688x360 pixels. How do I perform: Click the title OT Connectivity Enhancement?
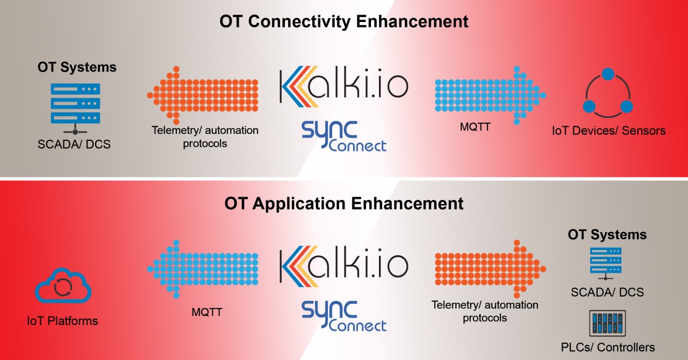(x=343, y=21)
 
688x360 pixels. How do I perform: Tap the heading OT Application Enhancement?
(x=343, y=204)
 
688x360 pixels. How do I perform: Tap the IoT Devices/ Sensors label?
(x=608, y=131)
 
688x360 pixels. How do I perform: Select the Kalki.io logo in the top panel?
(x=343, y=85)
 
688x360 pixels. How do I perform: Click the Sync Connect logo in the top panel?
(x=343, y=136)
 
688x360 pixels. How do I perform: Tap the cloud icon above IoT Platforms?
(x=63, y=287)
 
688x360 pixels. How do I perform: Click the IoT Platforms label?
(x=63, y=321)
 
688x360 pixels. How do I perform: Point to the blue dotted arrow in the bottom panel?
(x=203, y=268)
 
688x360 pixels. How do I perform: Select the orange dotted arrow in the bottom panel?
(x=490, y=268)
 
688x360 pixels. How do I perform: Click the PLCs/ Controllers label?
(x=607, y=347)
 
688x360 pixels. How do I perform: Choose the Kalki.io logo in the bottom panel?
(x=343, y=265)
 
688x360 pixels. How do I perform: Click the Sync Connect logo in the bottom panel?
(x=343, y=315)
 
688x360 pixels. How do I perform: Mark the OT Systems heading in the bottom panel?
(x=607, y=235)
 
